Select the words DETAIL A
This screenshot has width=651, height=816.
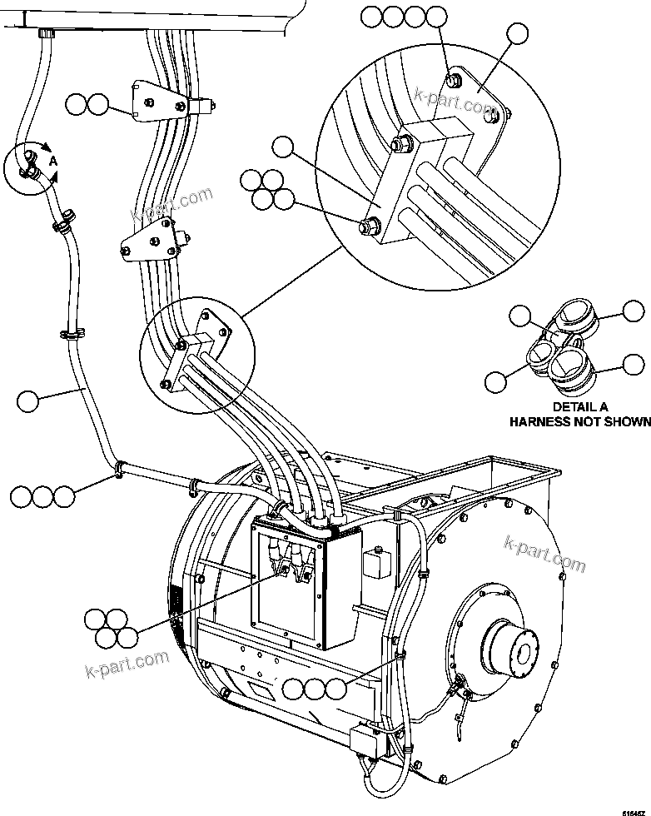(x=579, y=406)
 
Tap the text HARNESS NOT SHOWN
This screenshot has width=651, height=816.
(x=579, y=421)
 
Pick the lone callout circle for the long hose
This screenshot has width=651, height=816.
(x=27, y=401)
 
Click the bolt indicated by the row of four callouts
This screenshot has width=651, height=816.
(x=455, y=80)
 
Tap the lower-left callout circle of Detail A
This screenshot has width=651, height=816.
(x=497, y=381)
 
